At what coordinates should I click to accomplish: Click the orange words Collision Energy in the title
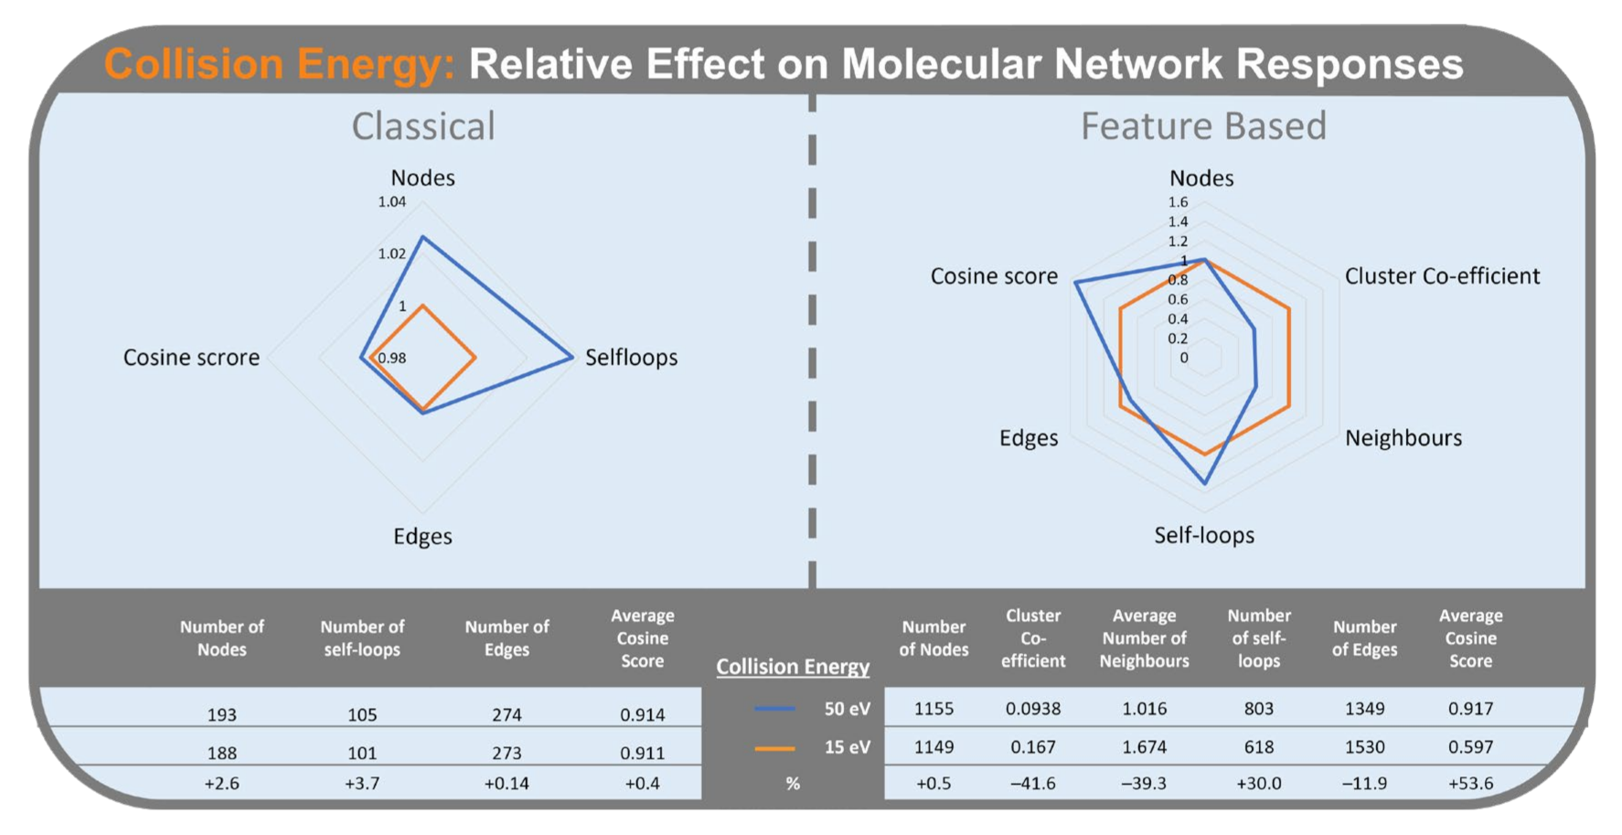pos(279,64)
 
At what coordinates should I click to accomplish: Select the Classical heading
pos(423,126)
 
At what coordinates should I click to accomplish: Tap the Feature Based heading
pos(1203,126)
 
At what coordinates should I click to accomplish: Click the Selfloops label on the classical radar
pos(631,358)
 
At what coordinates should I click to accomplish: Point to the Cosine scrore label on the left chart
pos(191,358)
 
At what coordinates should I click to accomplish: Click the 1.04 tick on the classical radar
pos(392,202)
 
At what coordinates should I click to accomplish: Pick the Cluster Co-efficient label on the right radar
pos(1442,276)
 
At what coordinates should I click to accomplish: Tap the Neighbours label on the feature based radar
pos(1403,438)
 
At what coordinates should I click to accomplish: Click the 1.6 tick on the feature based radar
pos(1178,202)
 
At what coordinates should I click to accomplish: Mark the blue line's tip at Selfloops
pos(572,357)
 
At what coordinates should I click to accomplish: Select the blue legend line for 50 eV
pos(774,709)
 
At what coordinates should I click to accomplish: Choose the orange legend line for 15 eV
pos(774,748)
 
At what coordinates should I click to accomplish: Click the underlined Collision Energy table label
pos(793,667)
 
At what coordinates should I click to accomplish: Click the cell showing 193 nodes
pos(221,715)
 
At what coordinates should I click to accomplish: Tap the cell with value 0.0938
pos(1033,709)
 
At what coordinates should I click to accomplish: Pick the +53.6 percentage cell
pos(1470,784)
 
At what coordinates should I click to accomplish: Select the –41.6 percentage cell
pos(1033,784)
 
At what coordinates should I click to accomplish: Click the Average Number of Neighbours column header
pos(1144,638)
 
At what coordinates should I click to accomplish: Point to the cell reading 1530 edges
pos(1364,747)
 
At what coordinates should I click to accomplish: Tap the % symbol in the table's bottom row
pos(793,784)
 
